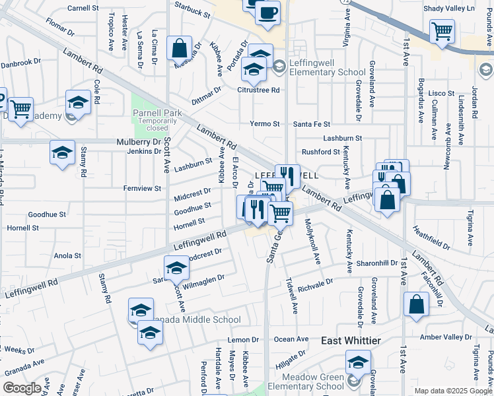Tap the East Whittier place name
click(351, 341)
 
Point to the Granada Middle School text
click(198, 320)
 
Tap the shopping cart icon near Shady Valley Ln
click(442, 30)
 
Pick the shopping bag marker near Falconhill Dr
click(416, 305)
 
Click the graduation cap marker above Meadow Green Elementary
click(358, 361)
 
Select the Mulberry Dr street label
click(139, 142)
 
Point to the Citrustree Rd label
click(262, 90)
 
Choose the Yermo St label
click(265, 124)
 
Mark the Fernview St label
click(142, 188)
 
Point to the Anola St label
click(67, 255)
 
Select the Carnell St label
click(83, 9)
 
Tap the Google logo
click(22, 388)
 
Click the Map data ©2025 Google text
click(453, 391)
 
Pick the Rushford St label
click(320, 152)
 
